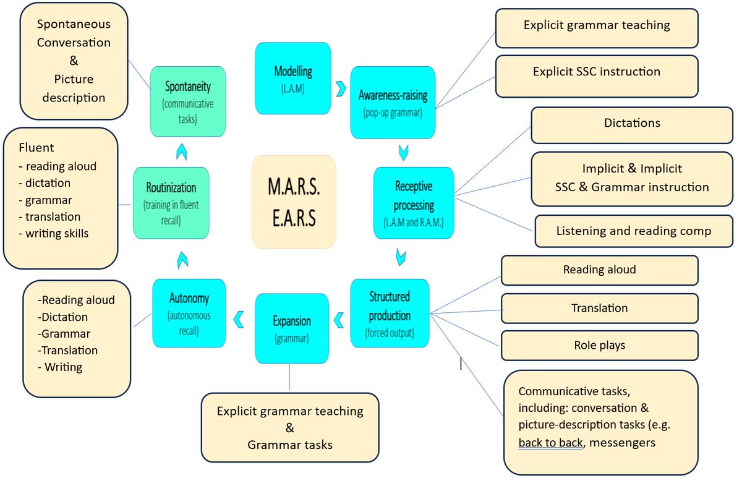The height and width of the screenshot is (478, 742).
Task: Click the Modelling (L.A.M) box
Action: [284, 78]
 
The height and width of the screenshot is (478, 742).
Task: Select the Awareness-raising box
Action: [393, 102]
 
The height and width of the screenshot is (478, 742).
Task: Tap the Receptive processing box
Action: [414, 202]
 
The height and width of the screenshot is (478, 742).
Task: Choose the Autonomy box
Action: [189, 312]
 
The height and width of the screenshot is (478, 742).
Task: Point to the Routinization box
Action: [171, 202]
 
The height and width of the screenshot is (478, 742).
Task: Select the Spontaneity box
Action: [188, 101]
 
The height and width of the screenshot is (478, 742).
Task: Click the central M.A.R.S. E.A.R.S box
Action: [294, 202]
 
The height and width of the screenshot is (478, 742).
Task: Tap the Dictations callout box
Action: [631, 124]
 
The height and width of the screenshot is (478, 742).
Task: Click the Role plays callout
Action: [599, 345]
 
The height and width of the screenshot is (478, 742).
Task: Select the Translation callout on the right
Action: [599, 308]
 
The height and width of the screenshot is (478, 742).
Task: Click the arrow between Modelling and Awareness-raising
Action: [340, 88]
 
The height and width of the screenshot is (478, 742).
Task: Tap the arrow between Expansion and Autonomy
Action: [237, 320]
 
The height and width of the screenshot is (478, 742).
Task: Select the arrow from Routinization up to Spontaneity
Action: [180, 150]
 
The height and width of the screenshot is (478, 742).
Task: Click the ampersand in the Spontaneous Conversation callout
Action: [74, 61]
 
